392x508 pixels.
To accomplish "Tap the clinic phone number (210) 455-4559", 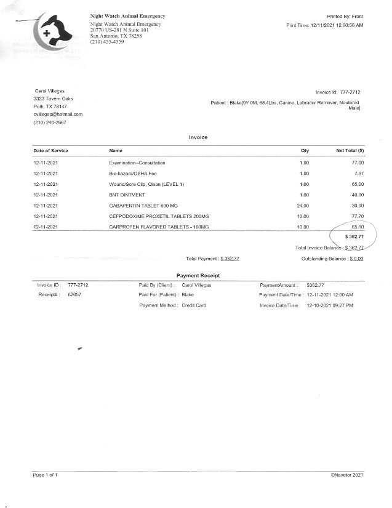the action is [106, 42].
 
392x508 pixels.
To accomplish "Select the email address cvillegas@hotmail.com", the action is [58, 114].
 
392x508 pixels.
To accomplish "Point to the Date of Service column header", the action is [50, 151].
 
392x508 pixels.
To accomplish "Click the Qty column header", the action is [305, 151].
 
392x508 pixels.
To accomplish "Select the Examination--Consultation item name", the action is [137, 163].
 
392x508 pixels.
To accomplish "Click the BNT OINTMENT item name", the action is [126, 195].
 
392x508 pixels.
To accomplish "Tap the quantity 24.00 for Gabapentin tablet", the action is [303, 206].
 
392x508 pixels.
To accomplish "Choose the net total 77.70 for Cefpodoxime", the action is [357, 216].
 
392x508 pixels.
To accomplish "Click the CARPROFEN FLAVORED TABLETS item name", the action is [159, 227].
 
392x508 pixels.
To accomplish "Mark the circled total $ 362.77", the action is [354, 236].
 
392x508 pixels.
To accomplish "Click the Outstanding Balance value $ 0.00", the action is [356, 259].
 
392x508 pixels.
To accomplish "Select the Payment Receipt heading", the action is [198, 275].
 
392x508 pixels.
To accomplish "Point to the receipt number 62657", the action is [74, 295].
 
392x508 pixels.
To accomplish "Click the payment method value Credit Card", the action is [194, 305].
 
